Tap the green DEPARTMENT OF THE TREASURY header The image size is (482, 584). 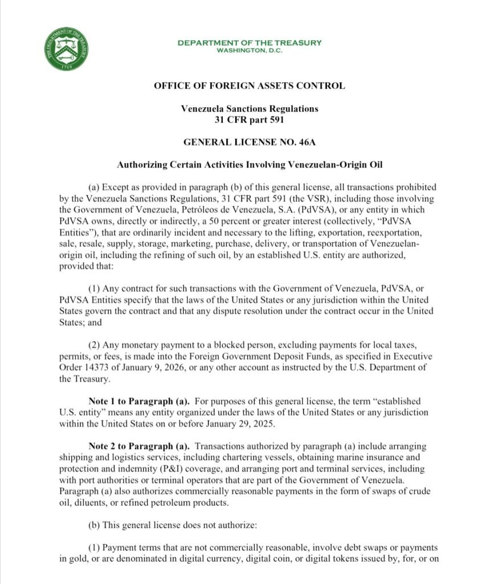point(249,43)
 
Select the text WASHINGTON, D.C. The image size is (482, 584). point(249,50)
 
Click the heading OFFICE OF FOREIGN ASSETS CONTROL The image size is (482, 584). point(249,86)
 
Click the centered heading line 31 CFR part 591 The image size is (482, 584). point(249,119)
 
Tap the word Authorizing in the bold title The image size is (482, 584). point(142,165)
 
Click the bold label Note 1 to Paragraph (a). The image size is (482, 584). point(134,400)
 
